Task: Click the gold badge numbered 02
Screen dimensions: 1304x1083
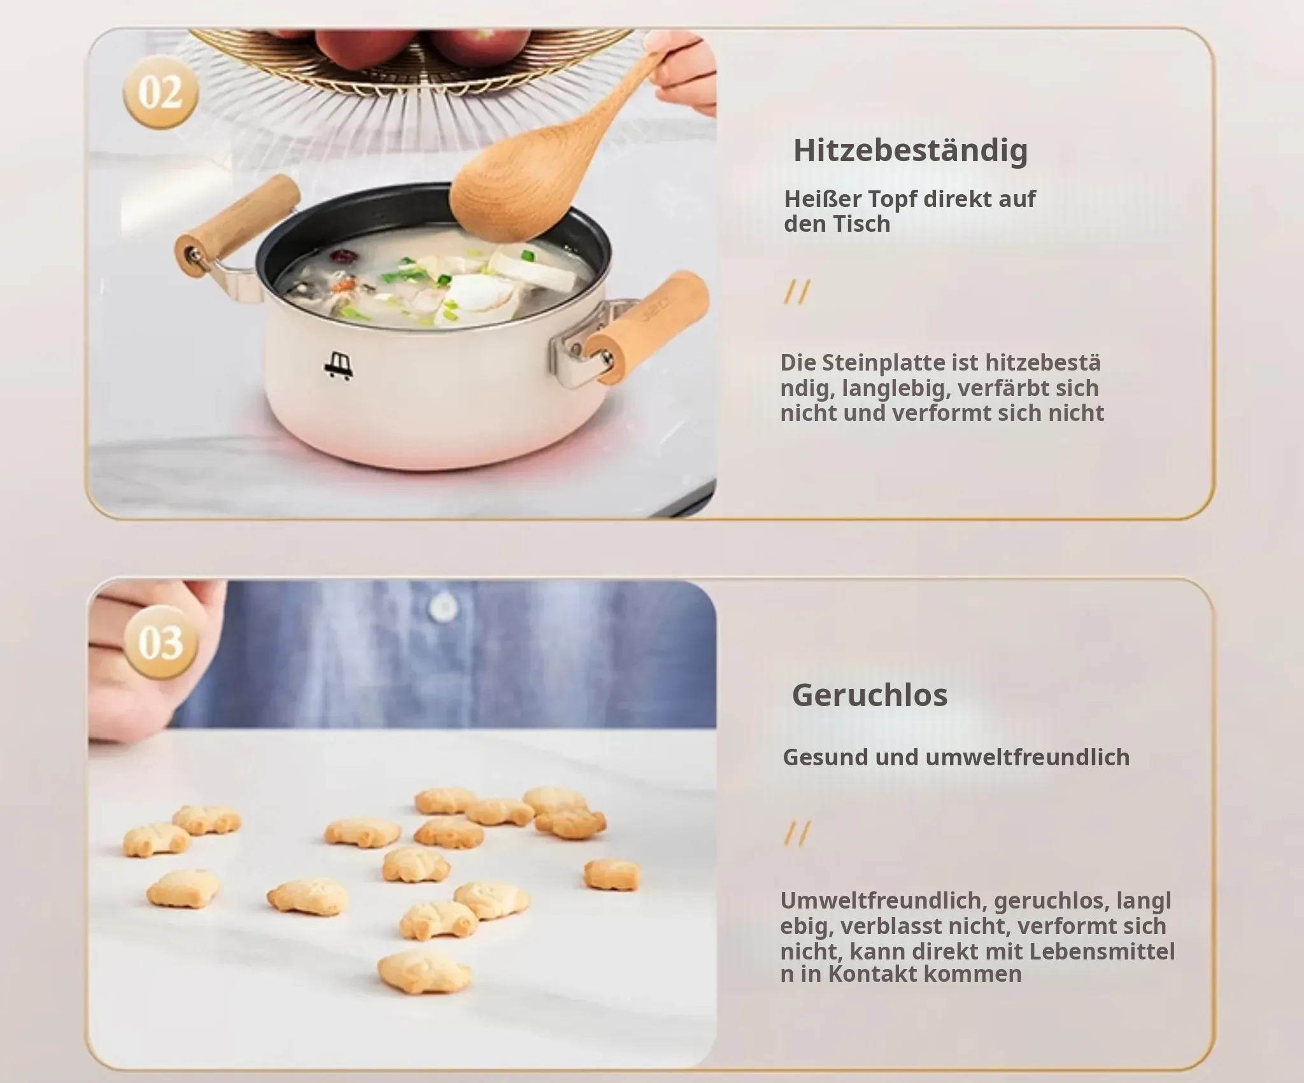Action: tap(160, 92)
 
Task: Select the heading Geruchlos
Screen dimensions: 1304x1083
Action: tap(870, 695)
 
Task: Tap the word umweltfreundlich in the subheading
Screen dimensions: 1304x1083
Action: tap(1028, 758)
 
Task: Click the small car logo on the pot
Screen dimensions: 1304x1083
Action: tap(337, 365)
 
